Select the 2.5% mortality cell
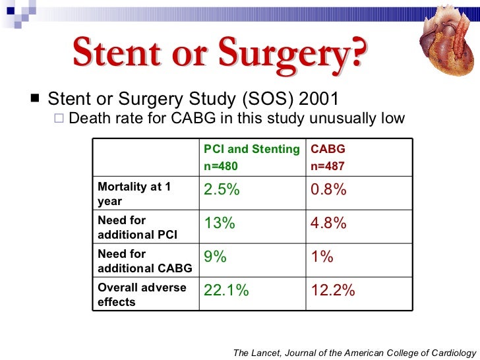point(222,191)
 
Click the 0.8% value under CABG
point(328,191)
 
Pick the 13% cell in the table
point(220,224)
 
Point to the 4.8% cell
point(328,224)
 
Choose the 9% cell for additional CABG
point(216,257)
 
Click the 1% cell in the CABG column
point(322,257)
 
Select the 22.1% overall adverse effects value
point(226,291)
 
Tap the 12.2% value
point(332,291)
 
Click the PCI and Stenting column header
point(251,149)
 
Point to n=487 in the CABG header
point(327,166)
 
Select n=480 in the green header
point(220,166)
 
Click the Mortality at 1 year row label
point(134,194)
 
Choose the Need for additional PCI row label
point(137,227)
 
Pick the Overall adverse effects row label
point(142,295)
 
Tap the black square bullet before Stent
point(34,99)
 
